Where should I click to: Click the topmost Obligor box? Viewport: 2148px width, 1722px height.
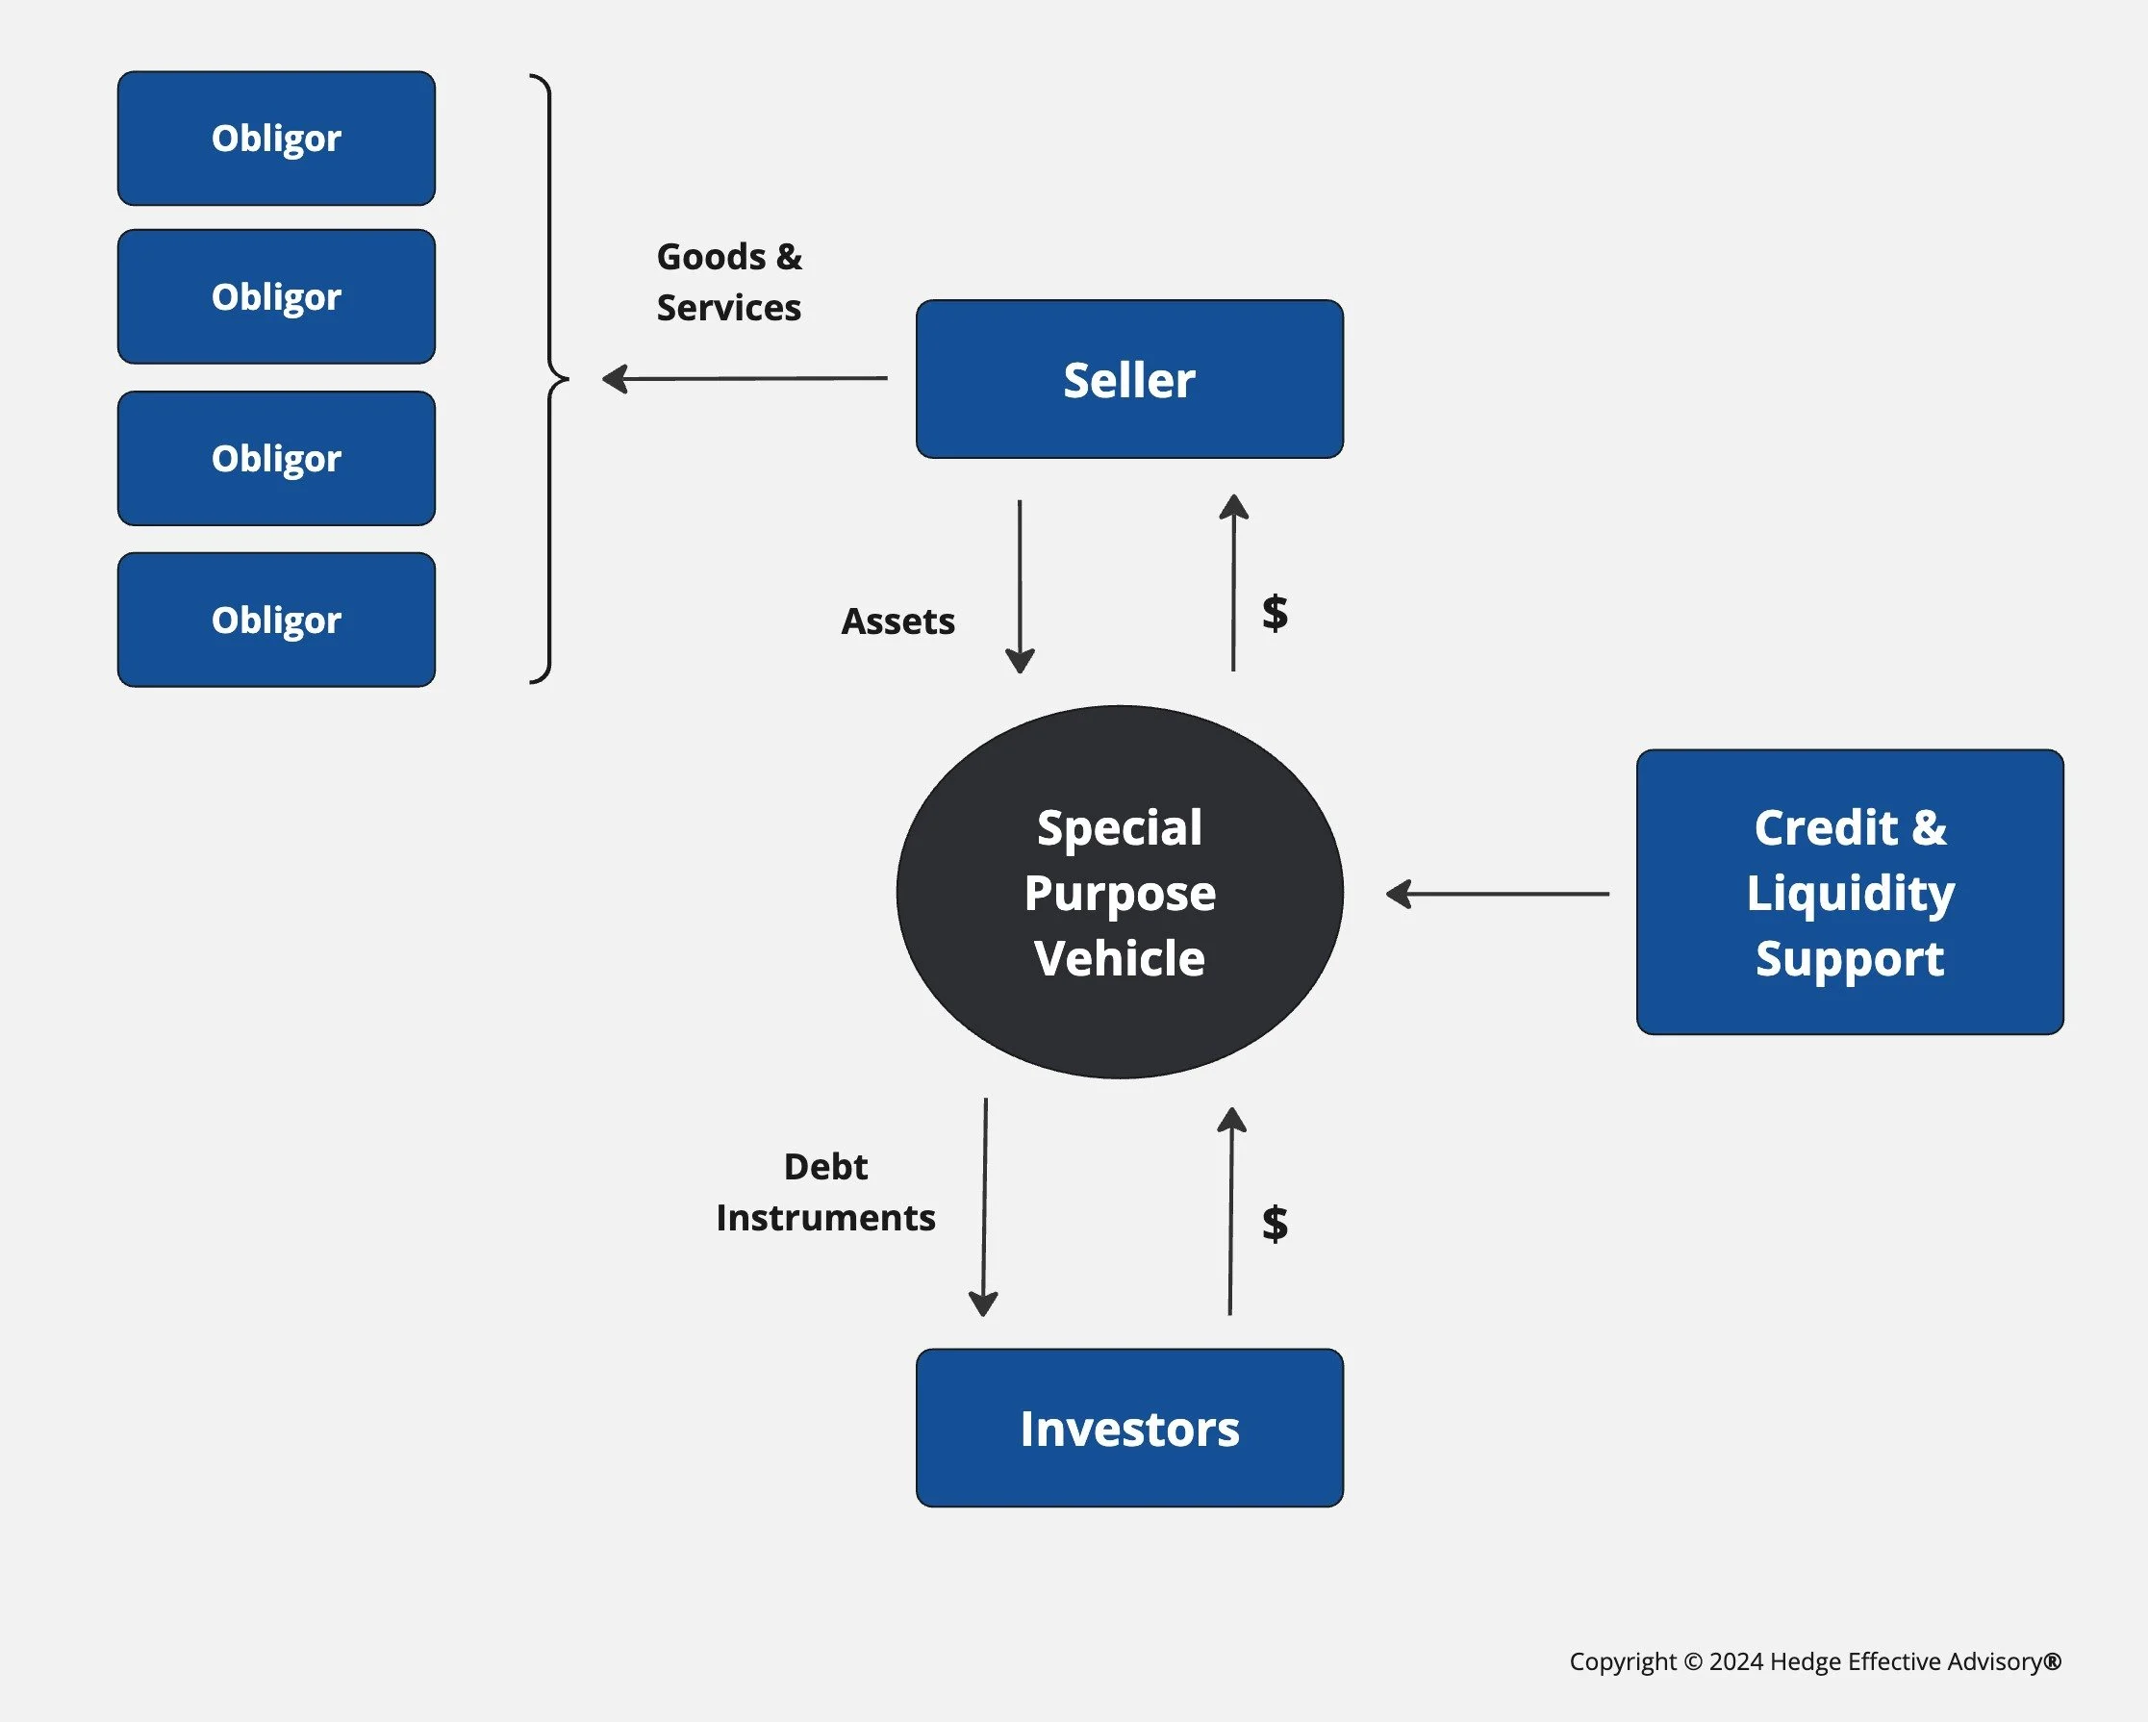click(x=276, y=139)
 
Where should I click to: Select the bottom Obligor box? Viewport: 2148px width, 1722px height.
click(x=276, y=620)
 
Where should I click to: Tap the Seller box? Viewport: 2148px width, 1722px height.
click(x=1128, y=380)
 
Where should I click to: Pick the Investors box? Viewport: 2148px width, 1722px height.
click(x=1128, y=1428)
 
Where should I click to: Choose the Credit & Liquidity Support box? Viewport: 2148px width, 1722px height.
click(x=1849, y=892)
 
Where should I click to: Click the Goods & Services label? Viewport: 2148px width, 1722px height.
click(x=728, y=282)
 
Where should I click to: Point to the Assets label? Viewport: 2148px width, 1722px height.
click(x=897, y=621)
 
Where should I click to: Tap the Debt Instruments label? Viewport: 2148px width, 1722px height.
click(x=825, y=1192)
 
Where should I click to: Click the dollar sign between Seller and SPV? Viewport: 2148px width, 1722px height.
click(x=1275, y=612)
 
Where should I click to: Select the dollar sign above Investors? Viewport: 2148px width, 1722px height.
click(x=1275, y=1223)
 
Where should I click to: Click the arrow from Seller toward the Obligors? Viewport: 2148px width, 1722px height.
click(x=745, y=379)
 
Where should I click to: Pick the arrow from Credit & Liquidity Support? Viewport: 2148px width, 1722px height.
click(x=1498, y=894)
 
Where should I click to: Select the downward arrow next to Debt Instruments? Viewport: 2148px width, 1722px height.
click(x=984, y=1206)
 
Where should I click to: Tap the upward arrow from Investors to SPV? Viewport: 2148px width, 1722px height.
click(x=1231, y=1211)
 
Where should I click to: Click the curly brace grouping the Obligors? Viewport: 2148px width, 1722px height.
click(x=549, y=379)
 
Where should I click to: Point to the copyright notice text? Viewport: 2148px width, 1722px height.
click(x=1814, y=1661)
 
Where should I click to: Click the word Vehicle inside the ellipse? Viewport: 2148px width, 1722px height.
click(x=1119, y=959)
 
